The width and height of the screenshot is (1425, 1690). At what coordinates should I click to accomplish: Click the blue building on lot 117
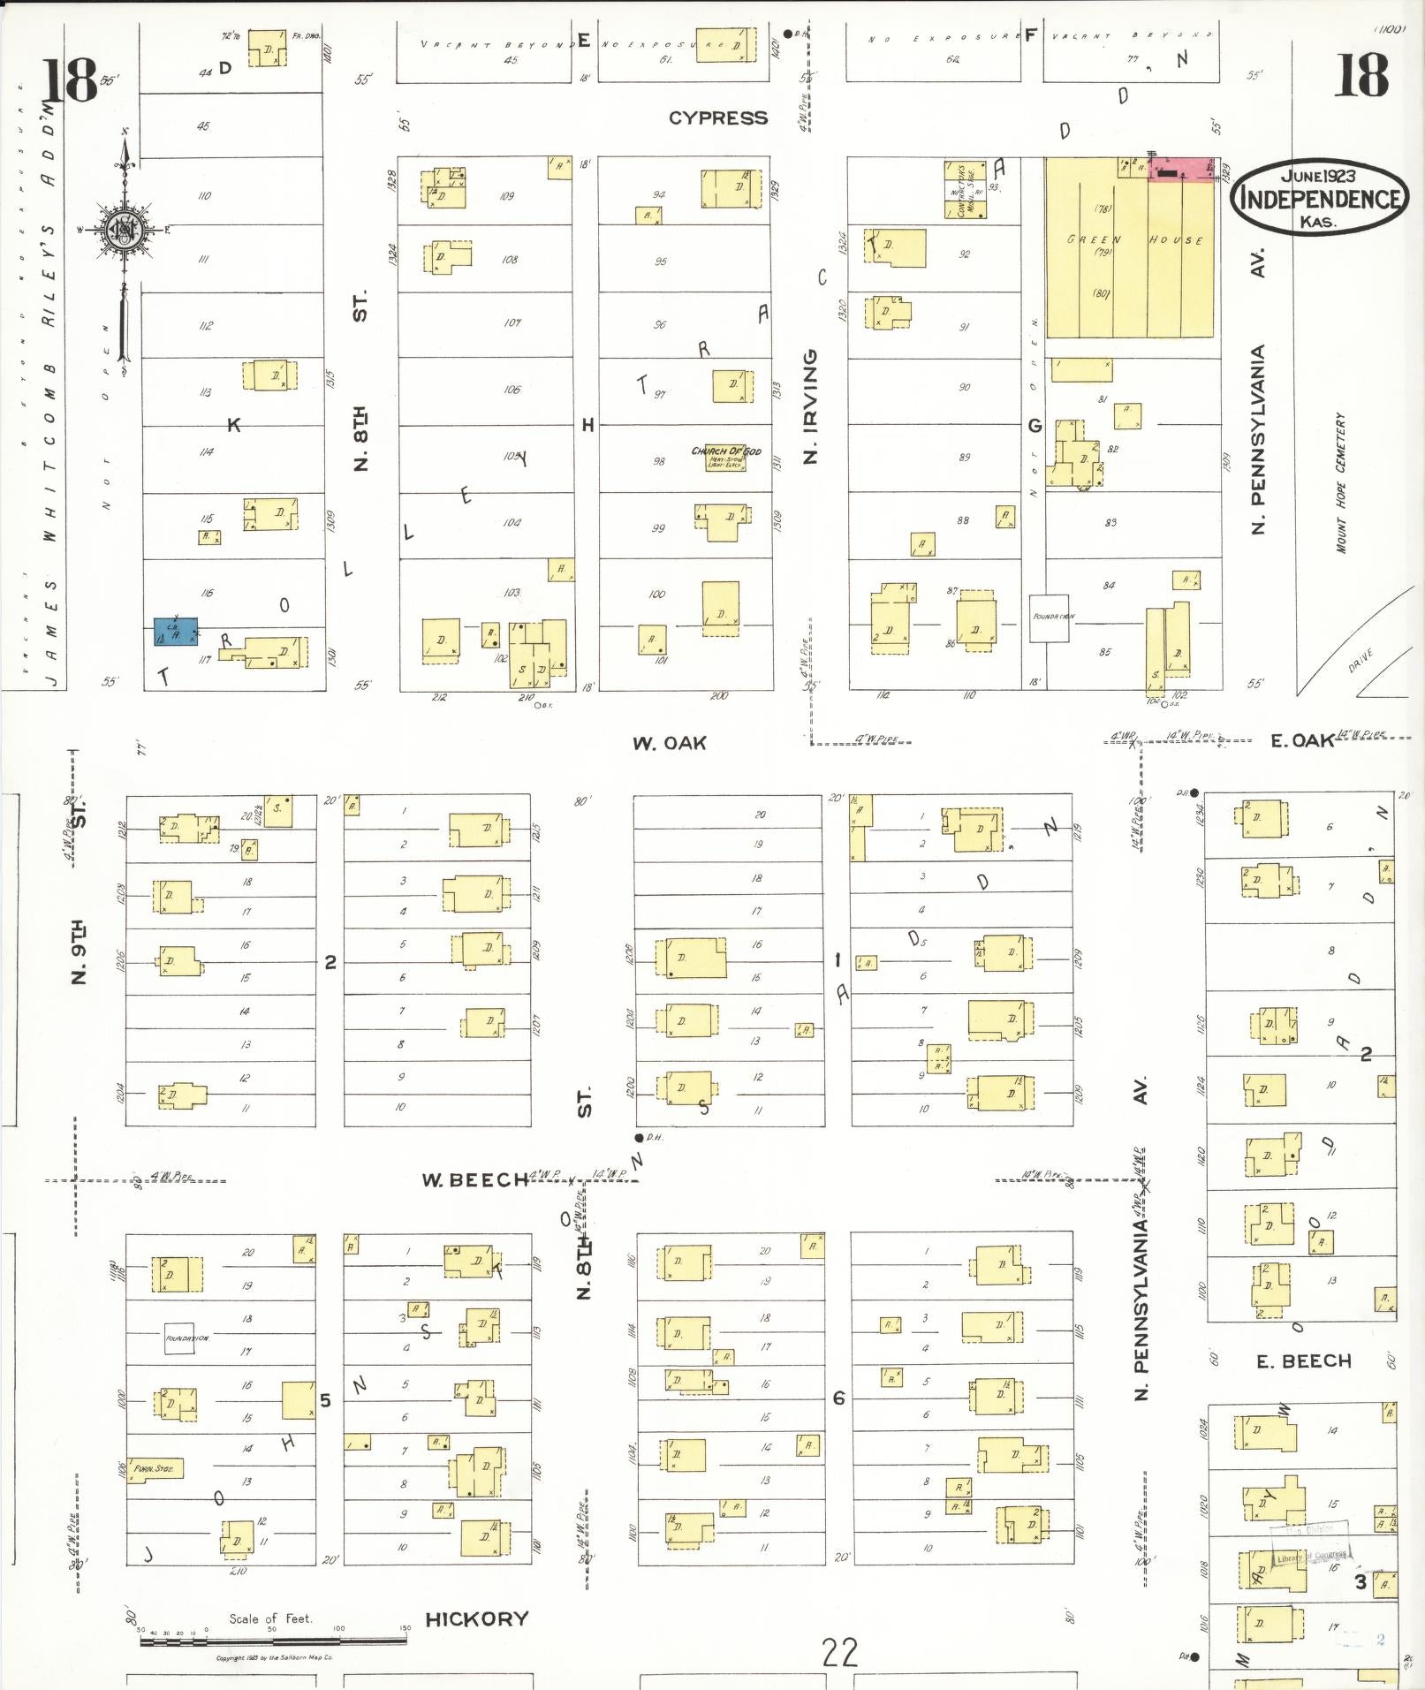click(x=176, y=632)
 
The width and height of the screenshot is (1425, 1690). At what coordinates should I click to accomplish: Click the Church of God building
click(x=726, y=457)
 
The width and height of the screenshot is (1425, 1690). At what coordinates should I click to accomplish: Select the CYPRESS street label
click(x=717, y=118)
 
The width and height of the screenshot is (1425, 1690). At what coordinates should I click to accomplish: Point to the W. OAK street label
click(x=670, y=743)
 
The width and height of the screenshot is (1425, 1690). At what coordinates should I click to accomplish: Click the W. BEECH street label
click(x=474, y=1180)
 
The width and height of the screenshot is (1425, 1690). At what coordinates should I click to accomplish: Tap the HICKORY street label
click(x=477, y=1618)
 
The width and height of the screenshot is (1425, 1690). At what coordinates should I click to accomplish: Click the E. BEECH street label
click(x=1304, y=1361)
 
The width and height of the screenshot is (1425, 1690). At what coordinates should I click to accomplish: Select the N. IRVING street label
click(x=811, y=406)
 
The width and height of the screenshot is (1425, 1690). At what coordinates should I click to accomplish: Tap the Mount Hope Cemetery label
click(x=1341, y=482)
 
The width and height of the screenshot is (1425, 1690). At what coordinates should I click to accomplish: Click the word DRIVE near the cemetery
click(x=1361, y=660)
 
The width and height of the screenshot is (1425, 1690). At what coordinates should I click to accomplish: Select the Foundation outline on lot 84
click(x=1050, y=618)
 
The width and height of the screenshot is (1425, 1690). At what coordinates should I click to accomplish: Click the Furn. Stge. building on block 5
click(x=155, y=1469)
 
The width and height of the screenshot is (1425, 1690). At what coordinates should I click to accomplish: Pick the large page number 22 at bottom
click(x=839, y=1651)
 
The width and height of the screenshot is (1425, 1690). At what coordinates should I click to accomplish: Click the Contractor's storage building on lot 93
click(x=965, y=190)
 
